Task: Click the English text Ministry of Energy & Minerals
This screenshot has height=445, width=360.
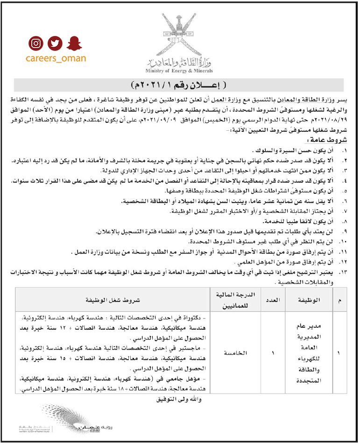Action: tap(179, 71)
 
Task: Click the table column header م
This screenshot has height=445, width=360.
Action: tap(339, 300)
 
